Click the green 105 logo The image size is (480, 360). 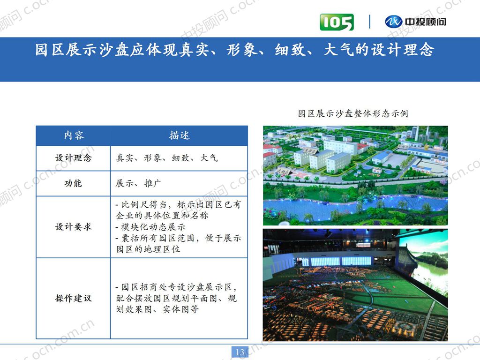tap(337, 22)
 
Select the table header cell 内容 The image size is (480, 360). tap(74, 135)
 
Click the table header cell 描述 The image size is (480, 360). tap(179, 135)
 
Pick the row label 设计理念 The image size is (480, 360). tap(74, 158)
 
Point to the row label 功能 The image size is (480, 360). tap(74, 183)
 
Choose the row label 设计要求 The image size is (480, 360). tap(74, 227)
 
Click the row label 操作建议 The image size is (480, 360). tap(74, 298)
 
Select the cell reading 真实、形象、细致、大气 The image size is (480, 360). tap(167, 158)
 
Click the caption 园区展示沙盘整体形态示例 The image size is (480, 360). tap(353, 113)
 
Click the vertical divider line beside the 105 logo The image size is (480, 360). tap(369, 22)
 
